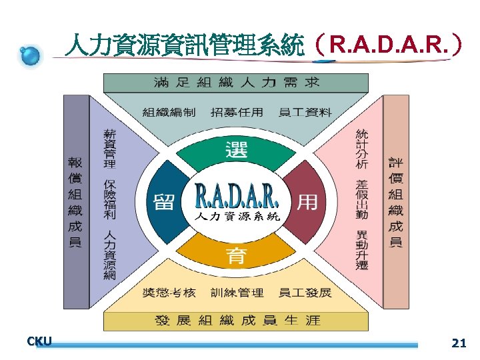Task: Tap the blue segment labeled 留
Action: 164,201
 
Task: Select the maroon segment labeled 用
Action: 307,201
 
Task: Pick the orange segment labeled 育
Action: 237,253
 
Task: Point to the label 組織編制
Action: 169,112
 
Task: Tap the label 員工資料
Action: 305,112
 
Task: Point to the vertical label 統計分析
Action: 362,149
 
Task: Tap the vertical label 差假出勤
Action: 362,200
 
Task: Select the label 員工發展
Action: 305,293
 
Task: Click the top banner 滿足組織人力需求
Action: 236,83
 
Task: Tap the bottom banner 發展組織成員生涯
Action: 237,321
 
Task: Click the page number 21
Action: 458,344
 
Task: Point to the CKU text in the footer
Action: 39,342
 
